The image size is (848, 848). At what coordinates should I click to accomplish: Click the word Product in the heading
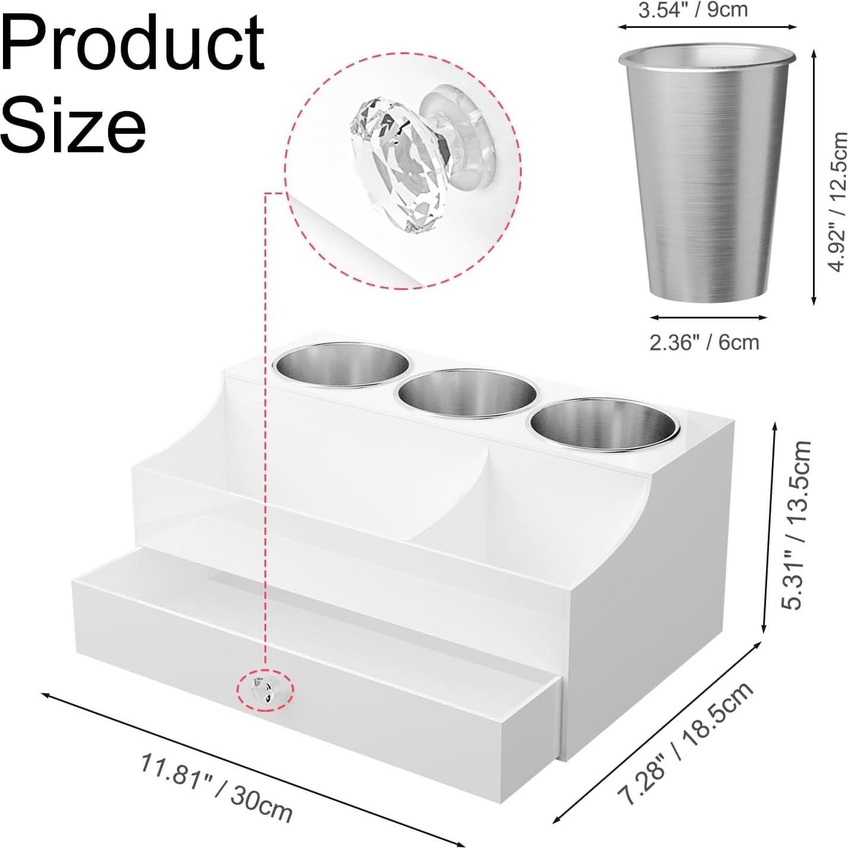coord(133,42)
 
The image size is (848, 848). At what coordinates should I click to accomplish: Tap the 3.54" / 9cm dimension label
coord(693,10)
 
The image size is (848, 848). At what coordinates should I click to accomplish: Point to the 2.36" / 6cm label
coord(705,342)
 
